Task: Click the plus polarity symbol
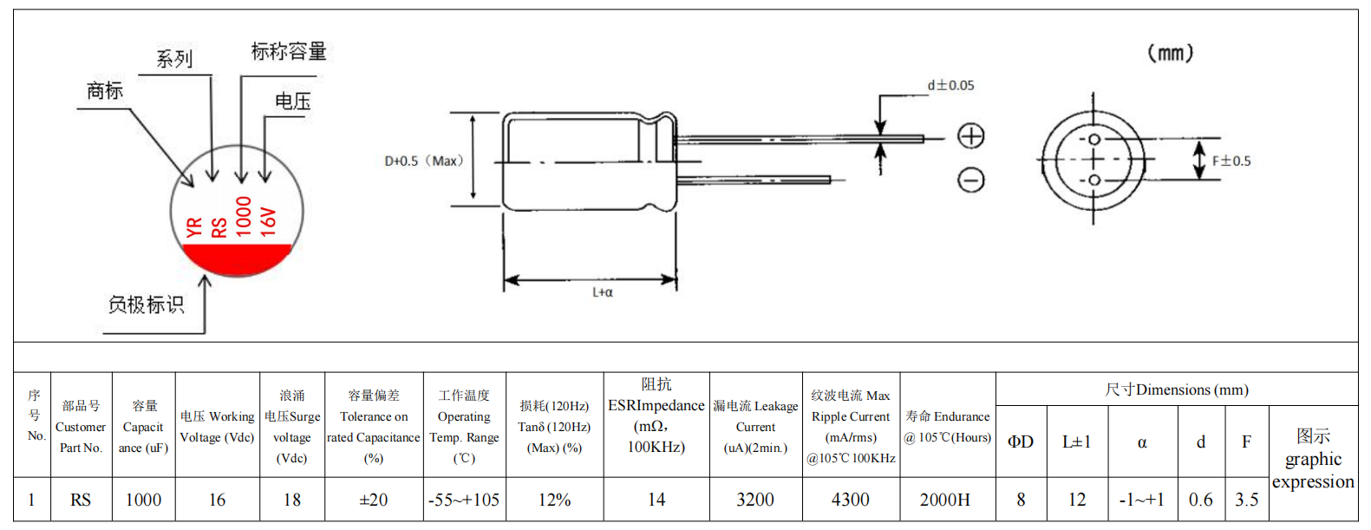(970, 136)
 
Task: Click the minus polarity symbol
(970, 180)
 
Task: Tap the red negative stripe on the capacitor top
(237, 258)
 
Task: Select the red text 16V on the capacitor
(268, 221)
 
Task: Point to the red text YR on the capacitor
(193, 227)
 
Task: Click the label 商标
(105, 90)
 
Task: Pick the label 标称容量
(289, 51)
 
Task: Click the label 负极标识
(146, 304)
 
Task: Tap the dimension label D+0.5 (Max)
(423, 161)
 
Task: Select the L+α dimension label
(603, 292)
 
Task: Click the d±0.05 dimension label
(950, 85)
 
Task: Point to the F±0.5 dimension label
(1231, 161)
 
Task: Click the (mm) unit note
(1170, 53)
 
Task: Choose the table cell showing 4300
(850, 500)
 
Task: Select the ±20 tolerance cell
(374, 500)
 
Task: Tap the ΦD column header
(1021, 442)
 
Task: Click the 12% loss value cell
(554, 500)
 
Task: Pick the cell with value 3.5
(1247, 500)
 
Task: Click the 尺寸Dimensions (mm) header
(1177, 389)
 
